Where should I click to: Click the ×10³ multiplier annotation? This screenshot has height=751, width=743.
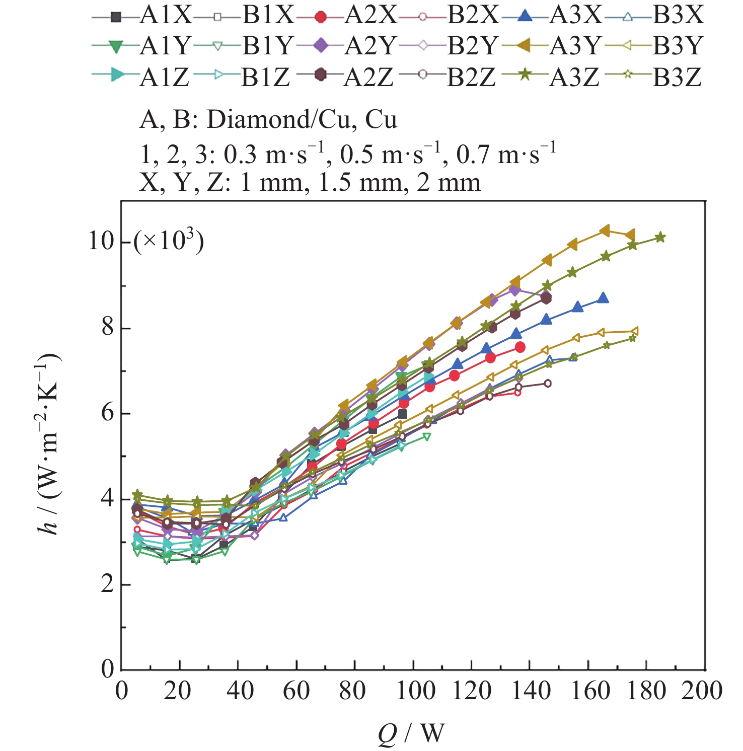click(x=169, y=241)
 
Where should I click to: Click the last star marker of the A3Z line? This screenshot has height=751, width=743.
click(x=660, y=237)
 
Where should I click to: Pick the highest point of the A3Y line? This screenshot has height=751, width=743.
click(x=605, y=231)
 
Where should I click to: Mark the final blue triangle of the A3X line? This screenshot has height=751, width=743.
click(x=603, y=298)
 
